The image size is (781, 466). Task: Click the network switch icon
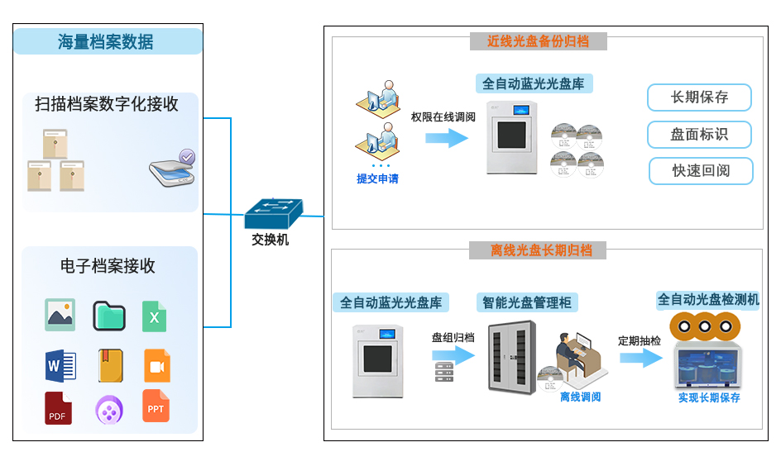274,214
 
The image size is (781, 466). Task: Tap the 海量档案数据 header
107,41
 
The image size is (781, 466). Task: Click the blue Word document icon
60,364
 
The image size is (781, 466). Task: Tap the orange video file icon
157,365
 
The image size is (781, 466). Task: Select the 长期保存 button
699,97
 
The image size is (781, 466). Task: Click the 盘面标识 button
699,135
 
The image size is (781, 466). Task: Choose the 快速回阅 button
701,171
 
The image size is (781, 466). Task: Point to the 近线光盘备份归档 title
539,41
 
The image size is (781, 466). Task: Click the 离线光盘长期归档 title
538,250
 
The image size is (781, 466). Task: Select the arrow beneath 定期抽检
641,358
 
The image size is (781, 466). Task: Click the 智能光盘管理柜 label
527,302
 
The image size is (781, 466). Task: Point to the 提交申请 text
377,178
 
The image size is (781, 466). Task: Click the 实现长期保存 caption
709,398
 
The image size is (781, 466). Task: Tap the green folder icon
108,316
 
